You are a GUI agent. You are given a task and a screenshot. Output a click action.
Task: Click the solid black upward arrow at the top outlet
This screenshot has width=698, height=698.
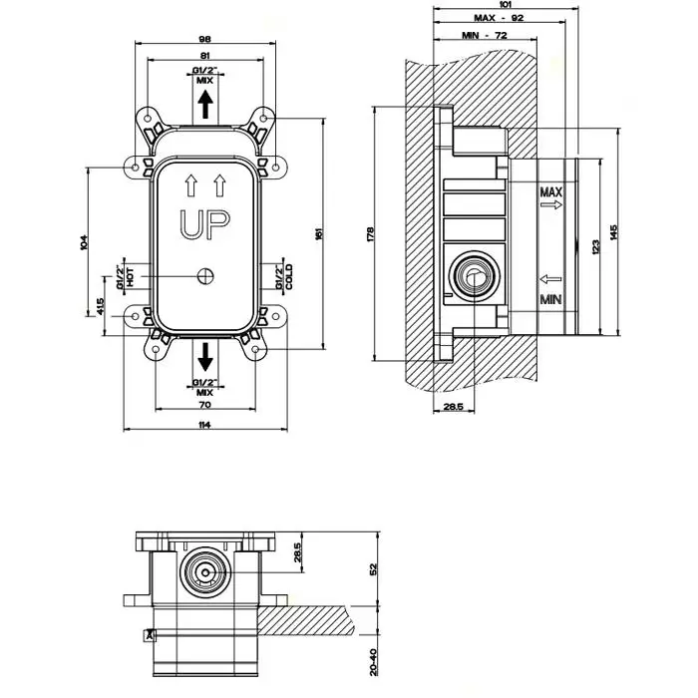(x=204, y=104)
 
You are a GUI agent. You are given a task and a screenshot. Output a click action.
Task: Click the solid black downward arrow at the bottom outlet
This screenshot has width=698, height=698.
(x=204, y=354)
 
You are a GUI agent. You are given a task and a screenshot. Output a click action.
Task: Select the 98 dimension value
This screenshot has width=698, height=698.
(x=205, y=38)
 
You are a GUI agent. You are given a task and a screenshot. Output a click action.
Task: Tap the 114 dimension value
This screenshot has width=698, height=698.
(x=204, y=426)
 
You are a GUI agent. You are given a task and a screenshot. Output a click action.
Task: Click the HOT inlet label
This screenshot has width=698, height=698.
(x=131, y=275)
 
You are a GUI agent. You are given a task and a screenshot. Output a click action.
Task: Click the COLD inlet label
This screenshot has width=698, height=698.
(x=289, y=276)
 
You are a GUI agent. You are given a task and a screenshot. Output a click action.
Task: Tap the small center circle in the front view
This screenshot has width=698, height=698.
(x=206, y=276)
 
